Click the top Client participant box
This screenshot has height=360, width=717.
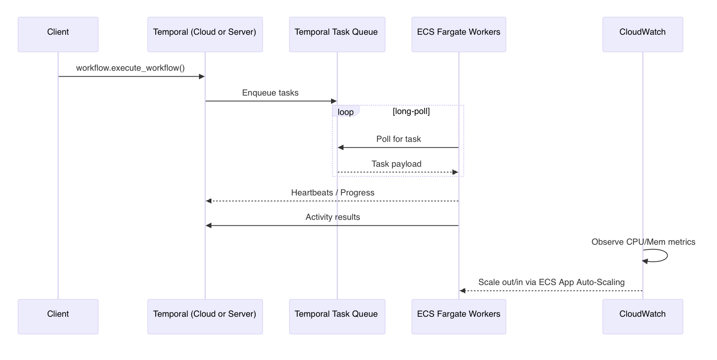(x=58, y=34)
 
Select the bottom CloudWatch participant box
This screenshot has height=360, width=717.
(x=642, y=316)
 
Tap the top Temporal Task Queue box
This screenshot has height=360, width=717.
(x=337, y=34)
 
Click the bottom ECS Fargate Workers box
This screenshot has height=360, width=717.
(x=458, y=316)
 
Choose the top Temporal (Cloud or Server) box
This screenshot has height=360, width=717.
(x=205, y=34)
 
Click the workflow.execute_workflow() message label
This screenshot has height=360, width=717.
(x=130, y=68)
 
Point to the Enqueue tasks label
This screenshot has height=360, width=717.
(x=270, y=93)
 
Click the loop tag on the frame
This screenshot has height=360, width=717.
(x=345, y=112)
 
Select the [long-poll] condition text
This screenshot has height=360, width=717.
(x=411, y=111)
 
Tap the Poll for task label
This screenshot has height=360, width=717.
(x=398, y=139)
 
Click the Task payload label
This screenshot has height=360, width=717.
(x=396, y=164)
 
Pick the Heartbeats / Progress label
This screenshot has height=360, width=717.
(x=332, y=193)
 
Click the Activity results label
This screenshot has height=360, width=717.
(x=332, y=217)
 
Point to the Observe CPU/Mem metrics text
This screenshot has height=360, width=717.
(x=643, y=242)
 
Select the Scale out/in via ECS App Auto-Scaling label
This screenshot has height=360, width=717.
(x=551, y=282)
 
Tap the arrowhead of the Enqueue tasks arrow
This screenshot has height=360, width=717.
(x=334, y=101)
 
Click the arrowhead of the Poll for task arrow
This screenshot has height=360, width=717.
(x=340, y=147)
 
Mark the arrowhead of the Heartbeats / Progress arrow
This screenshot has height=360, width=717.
(x=209, y=201)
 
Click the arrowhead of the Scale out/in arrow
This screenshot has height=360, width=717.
(x=462, y=291)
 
